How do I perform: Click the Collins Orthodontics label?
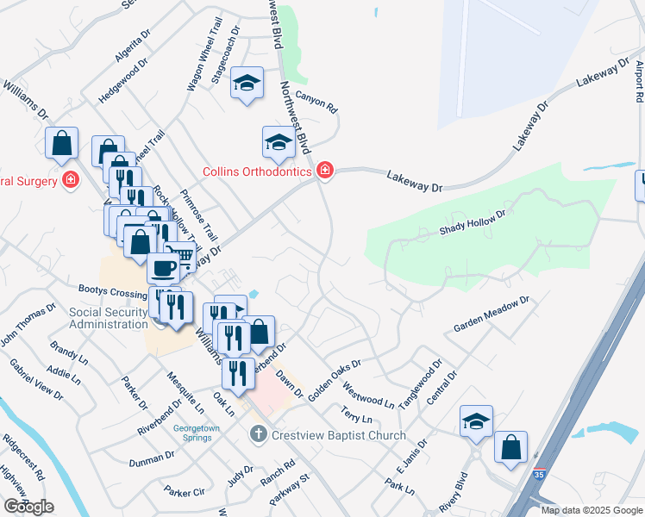point(256,172)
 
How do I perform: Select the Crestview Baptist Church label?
point(338,435)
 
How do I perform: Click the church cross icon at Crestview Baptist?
point(258,434)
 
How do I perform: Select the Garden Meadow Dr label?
point(489,315)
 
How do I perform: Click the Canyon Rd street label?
point(316,102)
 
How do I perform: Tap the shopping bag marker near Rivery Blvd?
point(510,447)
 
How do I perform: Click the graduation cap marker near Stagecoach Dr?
point(247,83)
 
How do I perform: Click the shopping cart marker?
point(179,256)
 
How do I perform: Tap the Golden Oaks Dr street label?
point(334,372)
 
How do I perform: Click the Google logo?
point(28,507)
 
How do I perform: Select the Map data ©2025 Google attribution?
point(592,510)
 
